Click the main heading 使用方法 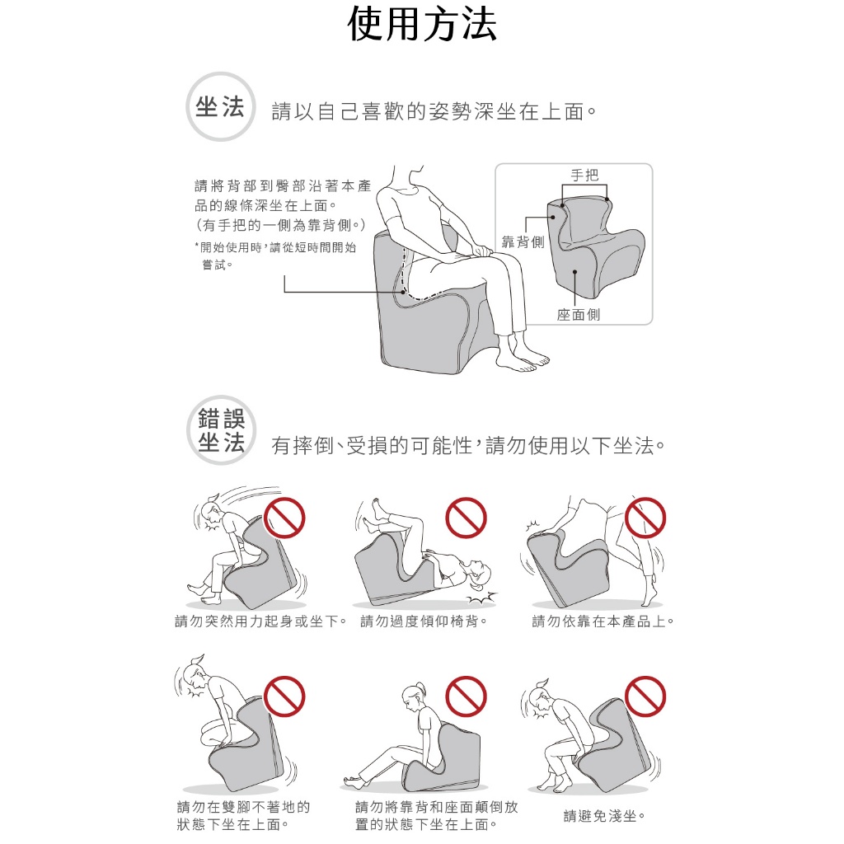click(421, 25)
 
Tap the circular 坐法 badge click(220, 106)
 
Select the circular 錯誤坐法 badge click(221, 430)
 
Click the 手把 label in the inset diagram click(584, 175)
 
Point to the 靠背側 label click(523, 242)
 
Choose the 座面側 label click(579, 314)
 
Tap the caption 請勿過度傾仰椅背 click(424, 621)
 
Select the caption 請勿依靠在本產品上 click(603, 621)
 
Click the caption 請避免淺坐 click(604, 816)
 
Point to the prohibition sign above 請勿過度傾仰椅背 click(467, 518)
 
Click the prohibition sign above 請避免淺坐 click(645, 696)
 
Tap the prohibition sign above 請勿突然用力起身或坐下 click(284, 518)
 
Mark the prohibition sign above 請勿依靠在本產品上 click(645, 518)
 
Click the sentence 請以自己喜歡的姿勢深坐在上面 click(434, 111)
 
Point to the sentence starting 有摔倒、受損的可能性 click(468, 446)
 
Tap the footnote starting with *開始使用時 click(275, 256)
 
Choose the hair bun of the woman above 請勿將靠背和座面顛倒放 click(420, 687)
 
